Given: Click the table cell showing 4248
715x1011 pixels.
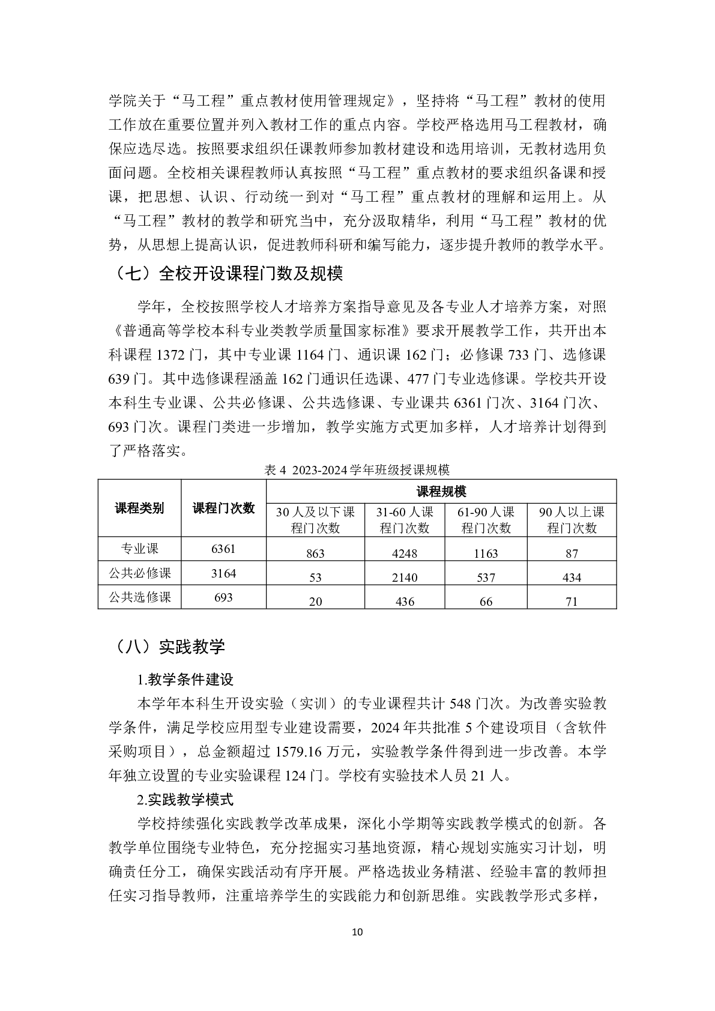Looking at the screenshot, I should pyautogui.click(x=404, y=553).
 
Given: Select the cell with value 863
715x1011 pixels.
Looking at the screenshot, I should pyautogui.click(x=315, y=553).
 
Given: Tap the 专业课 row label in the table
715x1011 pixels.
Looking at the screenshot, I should pyautogui.click(x=140, y=549).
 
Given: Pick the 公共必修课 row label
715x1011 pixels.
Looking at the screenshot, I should pyautogui.click(x=140, y=573).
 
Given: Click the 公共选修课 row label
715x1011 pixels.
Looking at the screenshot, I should pyautogui.click(x=140, y=597).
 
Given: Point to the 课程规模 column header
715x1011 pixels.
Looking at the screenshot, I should pyautogui.click(x=441, y=492).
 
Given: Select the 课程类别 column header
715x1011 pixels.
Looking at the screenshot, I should pyautogui.click(x=140, y=509).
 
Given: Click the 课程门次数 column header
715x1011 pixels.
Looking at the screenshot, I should pyautogui.click(x=223, y=509).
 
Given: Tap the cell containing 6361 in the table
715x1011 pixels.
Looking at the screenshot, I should pyautogui.click(x=223, y=549).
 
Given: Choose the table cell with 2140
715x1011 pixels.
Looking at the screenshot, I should pyautogui.click(x=404, y=577).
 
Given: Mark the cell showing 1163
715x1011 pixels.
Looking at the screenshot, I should pyautogui.click(x=486, y=553).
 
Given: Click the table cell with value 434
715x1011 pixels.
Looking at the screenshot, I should pyautogui.click(x=572, y=577).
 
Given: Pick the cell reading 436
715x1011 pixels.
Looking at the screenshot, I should pyautogui.click(x=404, y=601).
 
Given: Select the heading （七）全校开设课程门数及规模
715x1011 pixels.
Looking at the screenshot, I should pyautogui.click(x=226, y=274).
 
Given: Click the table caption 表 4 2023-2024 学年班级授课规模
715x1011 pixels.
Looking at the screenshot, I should pyautogui.click(x=357, y=469).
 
